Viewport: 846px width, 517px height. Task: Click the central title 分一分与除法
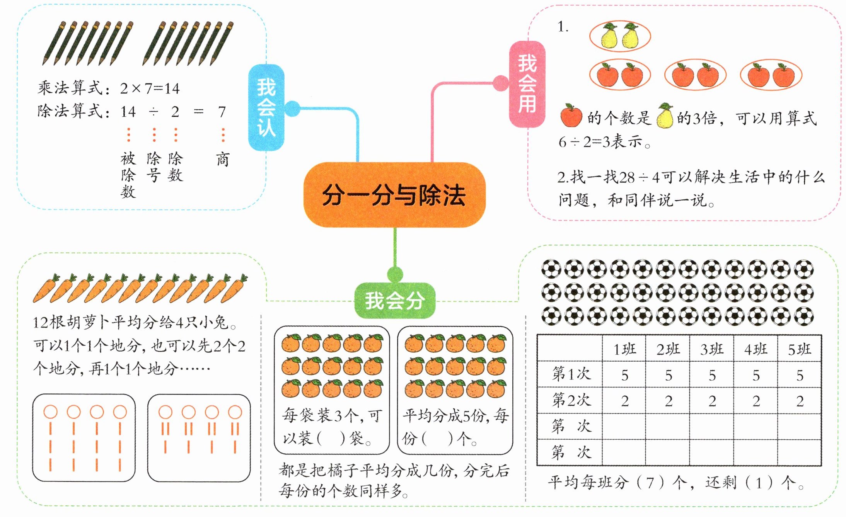[x=394, y=195]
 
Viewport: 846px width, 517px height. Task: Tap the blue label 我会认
[x=266, y=107]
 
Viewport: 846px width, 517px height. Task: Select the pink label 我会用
[x=527, y=84]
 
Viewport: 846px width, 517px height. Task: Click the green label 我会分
[x=394, y=301]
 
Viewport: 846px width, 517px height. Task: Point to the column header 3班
[x=712, y=349]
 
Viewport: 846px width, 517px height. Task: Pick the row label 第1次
[x=571, y=374]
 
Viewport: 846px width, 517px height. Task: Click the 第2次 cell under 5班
[x=800, y=401]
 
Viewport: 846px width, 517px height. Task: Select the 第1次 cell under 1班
[x=624, y=375]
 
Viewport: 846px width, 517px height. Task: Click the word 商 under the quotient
[x=223, y=159]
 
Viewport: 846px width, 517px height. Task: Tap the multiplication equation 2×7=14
[x=150, y=89]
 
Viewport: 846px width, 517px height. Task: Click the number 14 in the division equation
[x=128, y=112]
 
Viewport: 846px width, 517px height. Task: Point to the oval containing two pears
[x=620, y=36]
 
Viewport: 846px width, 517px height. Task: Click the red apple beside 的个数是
[x=571, y=116]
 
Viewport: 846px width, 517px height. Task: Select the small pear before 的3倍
[x=665, y=116]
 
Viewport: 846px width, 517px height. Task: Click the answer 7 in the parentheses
[x=650, y=483]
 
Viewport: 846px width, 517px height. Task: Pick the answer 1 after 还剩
[x=759, y=483]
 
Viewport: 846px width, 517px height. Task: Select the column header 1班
[x=624, y=349]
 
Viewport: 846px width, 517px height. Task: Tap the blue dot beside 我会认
[x=292, y=109]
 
